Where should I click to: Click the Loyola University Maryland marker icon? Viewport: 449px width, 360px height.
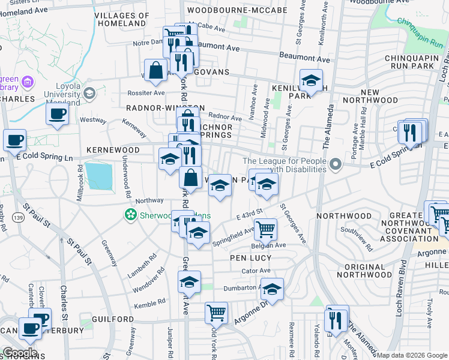89,93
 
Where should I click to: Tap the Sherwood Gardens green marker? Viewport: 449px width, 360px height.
130,214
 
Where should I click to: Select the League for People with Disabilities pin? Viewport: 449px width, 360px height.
336,163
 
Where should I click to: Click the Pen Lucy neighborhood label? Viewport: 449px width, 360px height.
250,258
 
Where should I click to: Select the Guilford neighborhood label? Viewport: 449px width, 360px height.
113,319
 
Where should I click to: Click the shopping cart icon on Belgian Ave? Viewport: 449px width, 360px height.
265,228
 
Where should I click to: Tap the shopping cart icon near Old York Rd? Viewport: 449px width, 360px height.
216,312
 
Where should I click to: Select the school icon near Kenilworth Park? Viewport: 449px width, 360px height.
311,80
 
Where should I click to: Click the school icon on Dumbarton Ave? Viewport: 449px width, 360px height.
272,289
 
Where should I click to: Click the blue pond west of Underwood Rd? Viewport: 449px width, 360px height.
99,175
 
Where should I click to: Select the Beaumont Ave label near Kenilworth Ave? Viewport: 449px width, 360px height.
304,58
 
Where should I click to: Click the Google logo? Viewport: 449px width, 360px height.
20,353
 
